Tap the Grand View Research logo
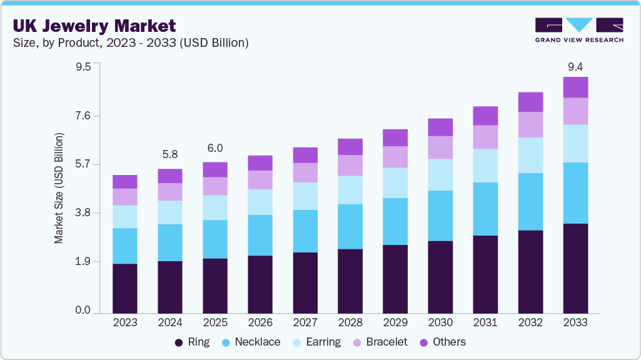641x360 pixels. point(578,30)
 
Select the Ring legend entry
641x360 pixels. point(192,342)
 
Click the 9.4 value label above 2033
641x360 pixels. point(575,66)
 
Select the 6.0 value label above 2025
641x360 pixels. point(215,148)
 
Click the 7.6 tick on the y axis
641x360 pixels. point(83,116)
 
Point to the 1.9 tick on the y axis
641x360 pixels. point(83,262)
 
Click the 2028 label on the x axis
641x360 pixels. point(350,322)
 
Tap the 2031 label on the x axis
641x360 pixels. point(485,322)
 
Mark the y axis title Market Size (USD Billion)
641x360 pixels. point(59,188)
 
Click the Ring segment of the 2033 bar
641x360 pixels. point(575,267)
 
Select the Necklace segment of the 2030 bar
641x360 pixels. point(440,216)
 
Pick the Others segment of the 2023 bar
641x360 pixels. point(125,181)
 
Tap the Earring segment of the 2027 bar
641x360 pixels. point(305,196)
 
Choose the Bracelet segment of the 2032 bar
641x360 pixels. point(530,124)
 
